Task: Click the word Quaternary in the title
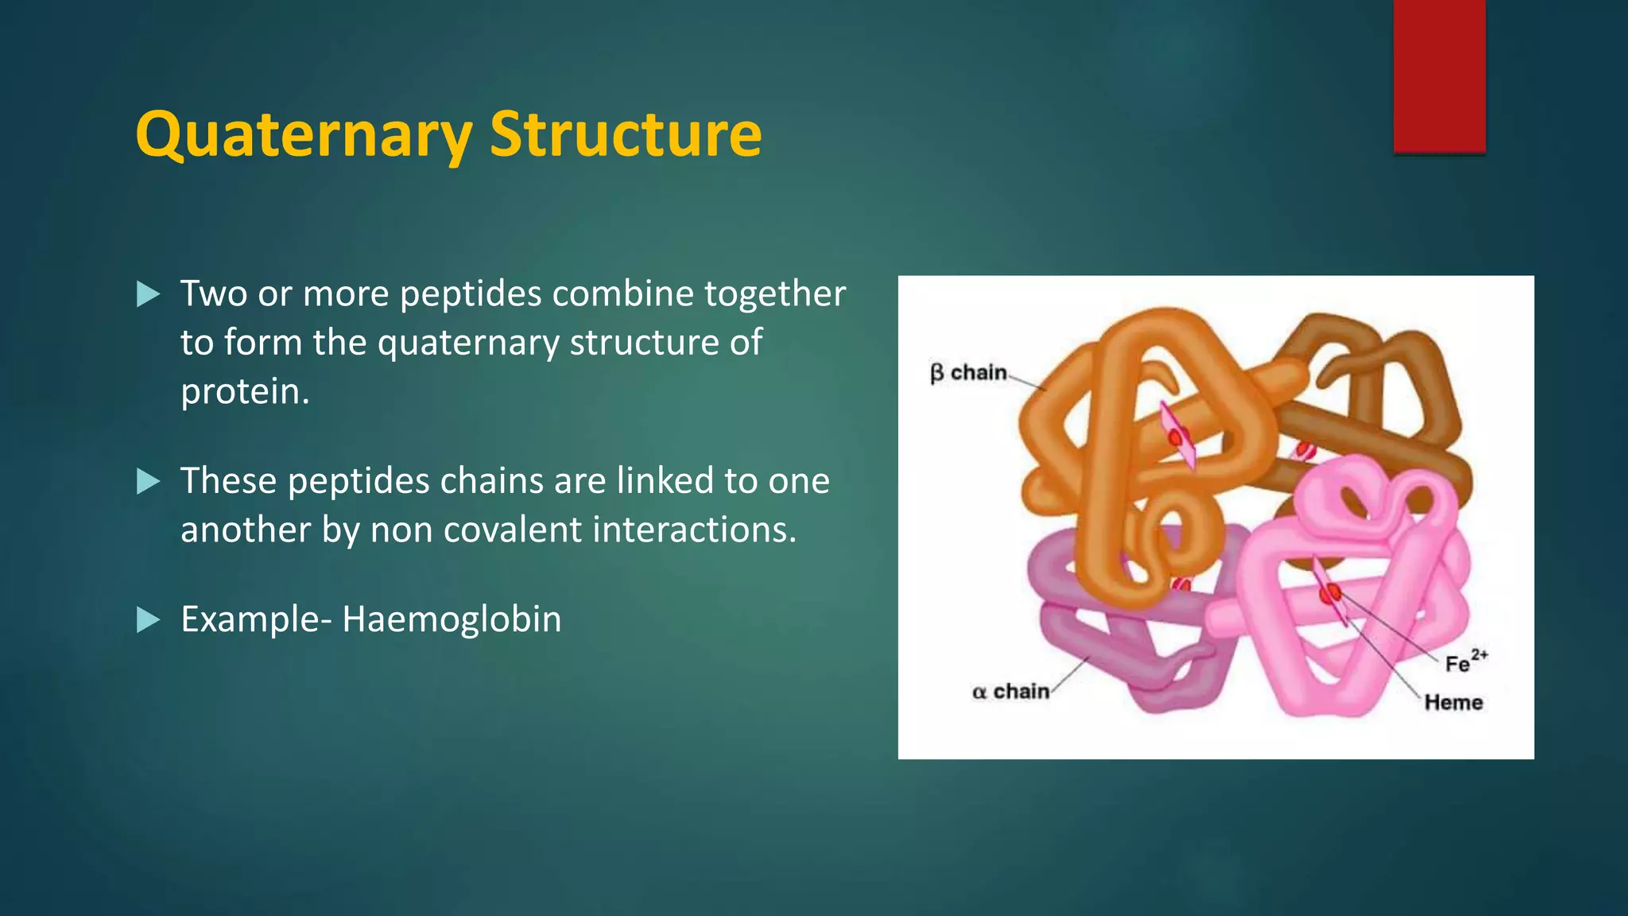coord(304,134)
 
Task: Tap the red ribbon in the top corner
coord(1439,76)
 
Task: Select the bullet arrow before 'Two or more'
coord(148,294)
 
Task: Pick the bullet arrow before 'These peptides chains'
coord(148,481)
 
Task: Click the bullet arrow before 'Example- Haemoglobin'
coord(148,619)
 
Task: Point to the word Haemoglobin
coord(452,619)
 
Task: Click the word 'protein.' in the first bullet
coord(245,391)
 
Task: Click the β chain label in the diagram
coord(968,373)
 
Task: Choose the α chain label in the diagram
coord(1010,692)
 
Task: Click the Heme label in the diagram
coord(1453,702)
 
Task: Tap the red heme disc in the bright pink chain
coord(1330,592)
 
